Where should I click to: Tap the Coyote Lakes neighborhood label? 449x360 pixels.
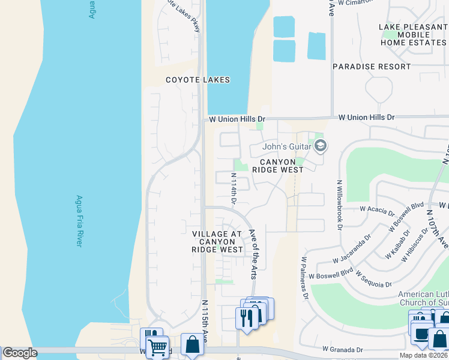[190, 80]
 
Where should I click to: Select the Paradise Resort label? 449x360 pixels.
[372, 67]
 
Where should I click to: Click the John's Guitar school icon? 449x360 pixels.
[321, 146]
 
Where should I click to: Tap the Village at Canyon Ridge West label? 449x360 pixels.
[217, 241]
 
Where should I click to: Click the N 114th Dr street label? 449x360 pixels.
[234, 188]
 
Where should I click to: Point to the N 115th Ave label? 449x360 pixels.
[205, 322]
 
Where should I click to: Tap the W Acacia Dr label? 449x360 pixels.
[377, 209]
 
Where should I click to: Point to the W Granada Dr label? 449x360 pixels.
[343, 349]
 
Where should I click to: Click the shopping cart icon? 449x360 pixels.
[157, 346]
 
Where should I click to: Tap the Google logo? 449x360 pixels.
[20, 352]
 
